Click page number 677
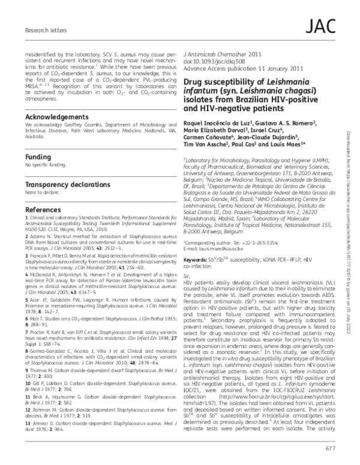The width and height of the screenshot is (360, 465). click(x=331, y=447)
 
